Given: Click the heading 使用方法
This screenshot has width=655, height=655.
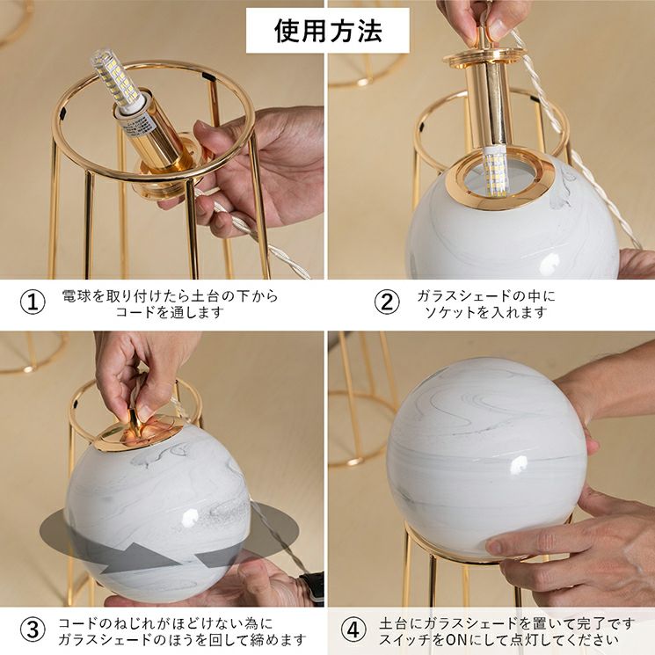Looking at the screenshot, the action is [328, 31].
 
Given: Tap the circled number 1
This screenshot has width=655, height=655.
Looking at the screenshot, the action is [33, 302].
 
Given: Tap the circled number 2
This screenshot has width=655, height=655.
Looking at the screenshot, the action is [386, 302].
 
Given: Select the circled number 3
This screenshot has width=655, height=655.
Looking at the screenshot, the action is [33, 630].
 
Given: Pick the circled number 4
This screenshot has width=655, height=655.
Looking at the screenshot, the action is [353, 630].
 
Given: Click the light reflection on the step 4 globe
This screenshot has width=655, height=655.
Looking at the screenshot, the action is [520, 464].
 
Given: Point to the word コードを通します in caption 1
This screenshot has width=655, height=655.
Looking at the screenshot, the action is [170, 312].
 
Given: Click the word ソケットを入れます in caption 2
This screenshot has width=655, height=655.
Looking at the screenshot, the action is [486, 312].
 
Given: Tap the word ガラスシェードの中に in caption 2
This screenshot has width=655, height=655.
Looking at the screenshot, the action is [486, 296].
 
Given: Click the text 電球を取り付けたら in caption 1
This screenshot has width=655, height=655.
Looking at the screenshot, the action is [126, 296].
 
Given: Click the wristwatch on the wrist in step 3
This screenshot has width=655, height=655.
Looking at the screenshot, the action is [311, 588].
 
